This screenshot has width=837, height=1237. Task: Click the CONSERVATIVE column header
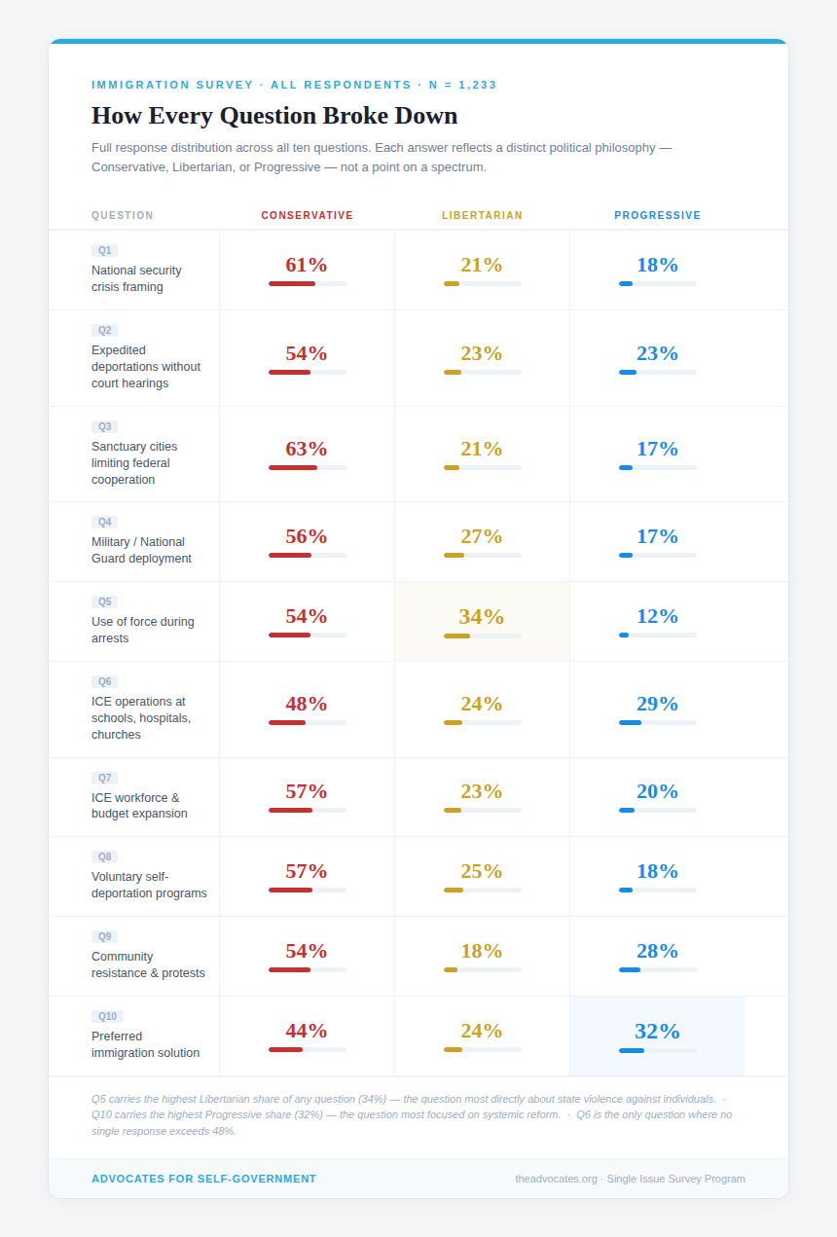click(307, 215)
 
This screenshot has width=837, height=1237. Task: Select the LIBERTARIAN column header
click(482, 215)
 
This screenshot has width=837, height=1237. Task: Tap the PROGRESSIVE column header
click(657, 215)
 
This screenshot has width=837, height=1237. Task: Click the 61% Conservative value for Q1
click(307, 265)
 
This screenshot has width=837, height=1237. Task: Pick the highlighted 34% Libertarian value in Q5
click(482, 616)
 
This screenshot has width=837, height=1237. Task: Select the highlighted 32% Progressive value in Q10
click(657, 1031)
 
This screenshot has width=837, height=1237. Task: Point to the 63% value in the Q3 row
click(307, 449)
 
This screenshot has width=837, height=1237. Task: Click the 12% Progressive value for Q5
click(657, 616)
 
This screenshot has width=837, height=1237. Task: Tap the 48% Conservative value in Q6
click(307, 704)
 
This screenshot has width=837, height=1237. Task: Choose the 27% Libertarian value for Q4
click(482, 536)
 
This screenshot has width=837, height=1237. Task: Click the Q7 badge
click(104, 778)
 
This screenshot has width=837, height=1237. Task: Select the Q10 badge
click(107, 1016)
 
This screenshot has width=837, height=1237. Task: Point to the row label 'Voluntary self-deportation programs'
click(149, 885)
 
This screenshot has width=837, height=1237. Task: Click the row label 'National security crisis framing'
click(136, 278)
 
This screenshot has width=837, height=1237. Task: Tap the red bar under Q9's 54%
click(290, 969)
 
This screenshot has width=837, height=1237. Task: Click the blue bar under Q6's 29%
click(630, 722)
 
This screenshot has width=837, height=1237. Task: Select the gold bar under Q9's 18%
click(451, 969)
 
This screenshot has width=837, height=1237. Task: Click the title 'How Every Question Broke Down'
click(274, 115)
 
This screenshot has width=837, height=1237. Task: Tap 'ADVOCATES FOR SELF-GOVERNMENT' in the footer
click(203, 1179)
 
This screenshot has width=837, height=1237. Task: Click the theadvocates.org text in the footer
click(557, 1179)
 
